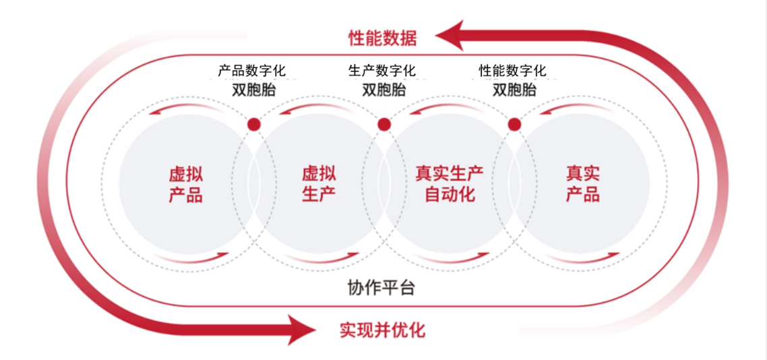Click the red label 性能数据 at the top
click(382, 37)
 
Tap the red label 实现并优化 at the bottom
click(382, 330)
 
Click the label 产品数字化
click(253, 70)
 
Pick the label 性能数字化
click(513, 70)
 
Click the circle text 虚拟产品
click(185, 185)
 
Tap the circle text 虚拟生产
click(319, 185)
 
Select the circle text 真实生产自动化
click(449, 185)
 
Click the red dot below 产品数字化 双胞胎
click(253, 124)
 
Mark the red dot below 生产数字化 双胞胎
click(383, 124)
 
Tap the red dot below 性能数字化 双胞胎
click(514, 124)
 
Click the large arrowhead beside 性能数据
click(452, 35)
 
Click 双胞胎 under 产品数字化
click(253, 90)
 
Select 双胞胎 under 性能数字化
click(514, 90)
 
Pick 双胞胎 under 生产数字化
click(383, 90)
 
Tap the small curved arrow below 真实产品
click(583, 258)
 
